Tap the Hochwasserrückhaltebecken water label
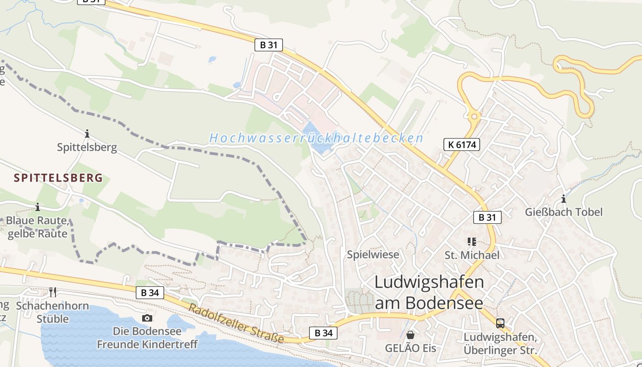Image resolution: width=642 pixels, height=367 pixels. (316, 138)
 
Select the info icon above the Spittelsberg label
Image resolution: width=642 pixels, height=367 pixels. (87, 133)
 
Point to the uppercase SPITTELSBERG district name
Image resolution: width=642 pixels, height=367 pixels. (58, 178)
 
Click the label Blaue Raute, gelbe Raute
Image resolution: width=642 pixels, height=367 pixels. (38, 227)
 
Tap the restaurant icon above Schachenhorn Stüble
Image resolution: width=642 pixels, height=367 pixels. (53, 292)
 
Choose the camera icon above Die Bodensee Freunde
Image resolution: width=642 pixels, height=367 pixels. (147, 318)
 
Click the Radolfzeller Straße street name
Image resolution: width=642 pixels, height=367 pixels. (236, 323)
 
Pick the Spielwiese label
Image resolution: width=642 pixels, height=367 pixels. (373, 255)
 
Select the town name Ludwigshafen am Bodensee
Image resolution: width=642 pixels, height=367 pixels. (429, 292)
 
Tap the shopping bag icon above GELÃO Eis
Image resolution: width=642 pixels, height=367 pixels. (410, 335)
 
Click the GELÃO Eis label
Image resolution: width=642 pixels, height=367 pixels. (410, 348)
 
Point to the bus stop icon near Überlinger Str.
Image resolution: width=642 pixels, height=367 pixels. (500, 323)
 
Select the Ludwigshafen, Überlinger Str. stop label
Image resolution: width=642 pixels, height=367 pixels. (500, 344)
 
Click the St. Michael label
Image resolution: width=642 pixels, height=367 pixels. (472, 255)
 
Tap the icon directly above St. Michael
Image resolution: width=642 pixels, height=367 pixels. (472, 241)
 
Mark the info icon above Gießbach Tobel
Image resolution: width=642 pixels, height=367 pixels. (564, 199)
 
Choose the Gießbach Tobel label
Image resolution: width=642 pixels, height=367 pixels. (564, 212)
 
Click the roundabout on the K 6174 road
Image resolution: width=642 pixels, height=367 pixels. (474, 117)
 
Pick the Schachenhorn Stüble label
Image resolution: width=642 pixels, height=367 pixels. (53, 312)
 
